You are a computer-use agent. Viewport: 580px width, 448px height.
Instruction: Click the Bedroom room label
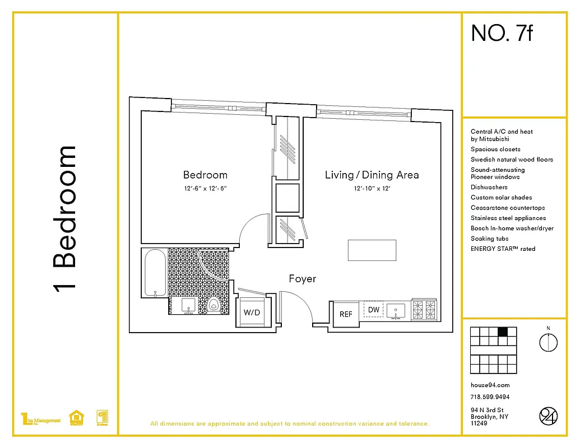pyautogui.click(x=205, y=175)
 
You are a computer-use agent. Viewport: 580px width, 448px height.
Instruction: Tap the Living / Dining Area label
pyautogui.click(x=372, y=175)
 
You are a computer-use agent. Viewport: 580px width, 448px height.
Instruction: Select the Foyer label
pyautogui.click(x=303, y=278)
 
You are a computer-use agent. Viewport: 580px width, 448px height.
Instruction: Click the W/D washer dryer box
pyautogui.click(x=251, y=312)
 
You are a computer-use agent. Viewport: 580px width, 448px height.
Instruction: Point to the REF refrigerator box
pyautogui.click(x=346, y=314)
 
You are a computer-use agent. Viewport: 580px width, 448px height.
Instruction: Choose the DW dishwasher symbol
pyautogui.click(x=374, y=310)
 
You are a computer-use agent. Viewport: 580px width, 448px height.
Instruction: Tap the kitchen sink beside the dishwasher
pyautogui.click(x=396, y=310)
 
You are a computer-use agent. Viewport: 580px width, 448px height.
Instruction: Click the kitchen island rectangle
pyautogui.click(x=372, y=250)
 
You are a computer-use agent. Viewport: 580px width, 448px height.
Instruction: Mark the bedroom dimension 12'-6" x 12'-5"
pyautogui.click(x=205, y=189)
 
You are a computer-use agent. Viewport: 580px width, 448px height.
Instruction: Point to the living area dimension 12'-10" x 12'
pyautogui.click(x=372, y=189)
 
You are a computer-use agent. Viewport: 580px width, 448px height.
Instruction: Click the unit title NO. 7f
pyautogui.click(x=502, y=34)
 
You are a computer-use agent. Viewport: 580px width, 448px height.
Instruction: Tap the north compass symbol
pyautogui.click(x=549, y=342)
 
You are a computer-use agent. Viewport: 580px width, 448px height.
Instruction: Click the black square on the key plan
pyautogui.click(x=503, y=332)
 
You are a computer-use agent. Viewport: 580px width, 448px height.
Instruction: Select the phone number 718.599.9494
pyautogui.click(x=490, y=396)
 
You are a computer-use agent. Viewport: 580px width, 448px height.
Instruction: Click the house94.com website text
pyautogui.click(x=490, y=385)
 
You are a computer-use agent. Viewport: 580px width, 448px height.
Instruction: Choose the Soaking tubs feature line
pyautogui.click(x=490, y=239)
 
